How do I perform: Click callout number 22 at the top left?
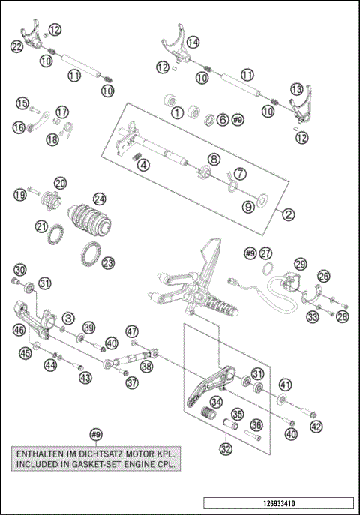click(16, 46)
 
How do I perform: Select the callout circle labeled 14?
click(193, 42)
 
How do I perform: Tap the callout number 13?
click(297, 89)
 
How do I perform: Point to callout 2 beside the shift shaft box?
click(288, 213)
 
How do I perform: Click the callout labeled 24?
click(99, 199)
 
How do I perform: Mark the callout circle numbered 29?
click(300, 265)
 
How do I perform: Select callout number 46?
click(19, 328)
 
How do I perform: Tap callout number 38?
click(146, 366)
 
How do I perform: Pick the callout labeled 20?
click(60, 181)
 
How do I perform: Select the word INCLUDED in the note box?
click(45, 464)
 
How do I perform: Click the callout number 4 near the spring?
click(142, 164)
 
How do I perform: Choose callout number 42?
click(316, 426)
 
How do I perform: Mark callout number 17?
click(61, 112)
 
